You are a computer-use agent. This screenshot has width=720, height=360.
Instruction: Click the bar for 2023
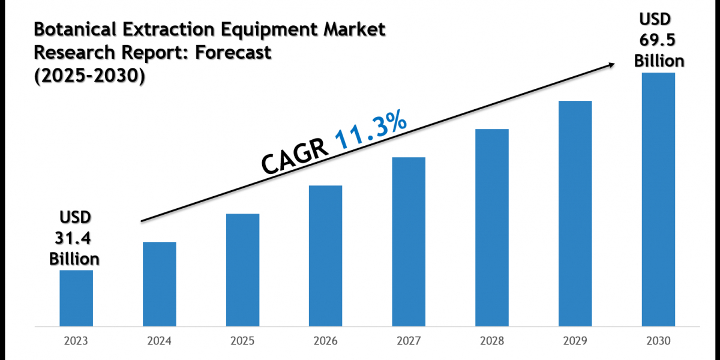76,298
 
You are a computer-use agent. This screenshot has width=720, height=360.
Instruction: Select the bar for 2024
160,284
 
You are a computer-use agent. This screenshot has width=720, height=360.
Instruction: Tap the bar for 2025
242,270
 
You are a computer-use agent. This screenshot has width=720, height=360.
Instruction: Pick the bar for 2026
326,256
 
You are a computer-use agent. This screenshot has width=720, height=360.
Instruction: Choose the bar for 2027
409,242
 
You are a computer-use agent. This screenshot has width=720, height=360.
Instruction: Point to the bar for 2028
492,227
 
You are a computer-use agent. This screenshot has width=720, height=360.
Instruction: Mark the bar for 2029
575,214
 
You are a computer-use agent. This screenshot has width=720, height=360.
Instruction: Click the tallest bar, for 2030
658,199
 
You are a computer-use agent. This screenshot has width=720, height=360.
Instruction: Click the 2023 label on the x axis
76,341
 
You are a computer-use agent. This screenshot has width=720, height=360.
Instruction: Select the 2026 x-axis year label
326,341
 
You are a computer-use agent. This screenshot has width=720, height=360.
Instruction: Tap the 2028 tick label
492,341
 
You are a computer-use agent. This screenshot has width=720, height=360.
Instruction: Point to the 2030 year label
658,341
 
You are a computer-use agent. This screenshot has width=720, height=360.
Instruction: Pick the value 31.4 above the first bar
74,238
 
